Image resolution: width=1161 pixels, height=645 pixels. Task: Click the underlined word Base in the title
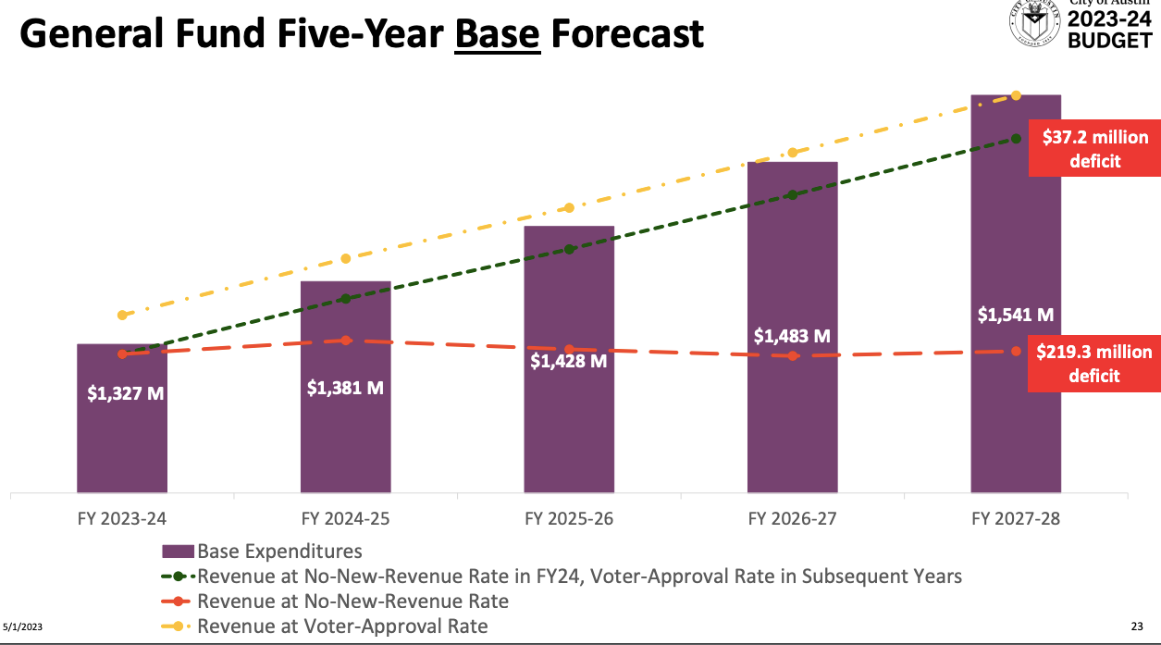(498, 34)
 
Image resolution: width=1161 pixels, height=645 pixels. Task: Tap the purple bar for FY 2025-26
(569, 416)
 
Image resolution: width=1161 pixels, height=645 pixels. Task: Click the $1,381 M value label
(345, 388)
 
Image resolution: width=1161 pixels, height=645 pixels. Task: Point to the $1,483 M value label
(792, 336)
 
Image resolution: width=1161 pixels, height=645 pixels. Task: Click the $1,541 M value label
(1016, 315)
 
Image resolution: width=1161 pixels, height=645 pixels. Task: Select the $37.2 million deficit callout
(1094, 148)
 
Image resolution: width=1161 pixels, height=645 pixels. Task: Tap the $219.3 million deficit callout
(1094, 363)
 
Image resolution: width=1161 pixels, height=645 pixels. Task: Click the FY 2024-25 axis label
(345, 518)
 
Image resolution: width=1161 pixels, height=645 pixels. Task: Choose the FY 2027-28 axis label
(1016, 518)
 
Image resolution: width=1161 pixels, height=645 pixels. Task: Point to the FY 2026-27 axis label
(792, 518)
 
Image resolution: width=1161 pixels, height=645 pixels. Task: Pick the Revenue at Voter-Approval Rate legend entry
(342, 626)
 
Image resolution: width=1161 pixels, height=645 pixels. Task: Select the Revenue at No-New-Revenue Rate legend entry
(352, 602)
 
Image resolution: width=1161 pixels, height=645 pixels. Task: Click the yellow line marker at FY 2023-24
(122, 316)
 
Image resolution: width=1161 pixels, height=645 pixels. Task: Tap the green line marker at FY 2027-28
(1016, 138)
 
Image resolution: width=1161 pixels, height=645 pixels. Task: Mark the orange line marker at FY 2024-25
(346, 341)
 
